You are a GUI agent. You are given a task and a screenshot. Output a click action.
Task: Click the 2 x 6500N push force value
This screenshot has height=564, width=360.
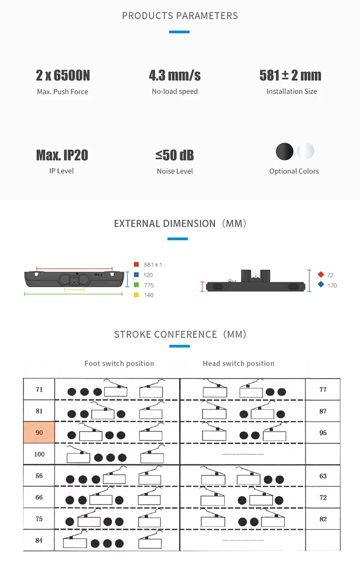63,75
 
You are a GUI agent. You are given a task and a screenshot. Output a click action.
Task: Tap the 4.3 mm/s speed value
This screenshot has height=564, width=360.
175,75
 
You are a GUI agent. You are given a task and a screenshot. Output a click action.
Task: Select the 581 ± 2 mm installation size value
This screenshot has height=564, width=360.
290,75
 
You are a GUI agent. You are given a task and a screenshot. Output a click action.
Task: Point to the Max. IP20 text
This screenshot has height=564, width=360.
62,155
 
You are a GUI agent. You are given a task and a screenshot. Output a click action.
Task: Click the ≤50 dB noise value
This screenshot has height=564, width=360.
175,155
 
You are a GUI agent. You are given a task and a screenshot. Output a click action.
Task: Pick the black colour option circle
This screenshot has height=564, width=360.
284,152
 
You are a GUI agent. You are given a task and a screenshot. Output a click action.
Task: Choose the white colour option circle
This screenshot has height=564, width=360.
305,152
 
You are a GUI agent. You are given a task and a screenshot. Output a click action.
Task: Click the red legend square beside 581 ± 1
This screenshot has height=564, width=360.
136,264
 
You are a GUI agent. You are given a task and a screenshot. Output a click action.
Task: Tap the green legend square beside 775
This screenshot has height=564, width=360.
136,285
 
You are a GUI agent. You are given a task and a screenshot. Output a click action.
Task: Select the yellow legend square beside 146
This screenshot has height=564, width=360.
136,295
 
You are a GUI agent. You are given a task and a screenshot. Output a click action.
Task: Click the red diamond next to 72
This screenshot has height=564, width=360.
321,275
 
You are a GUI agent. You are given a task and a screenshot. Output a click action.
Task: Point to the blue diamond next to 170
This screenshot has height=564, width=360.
321,285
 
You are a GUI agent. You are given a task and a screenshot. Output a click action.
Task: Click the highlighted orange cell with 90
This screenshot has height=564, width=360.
39,432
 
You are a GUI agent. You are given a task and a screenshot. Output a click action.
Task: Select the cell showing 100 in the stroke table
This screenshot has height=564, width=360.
39,454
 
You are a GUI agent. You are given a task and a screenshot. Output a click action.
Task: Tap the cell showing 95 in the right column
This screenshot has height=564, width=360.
323,432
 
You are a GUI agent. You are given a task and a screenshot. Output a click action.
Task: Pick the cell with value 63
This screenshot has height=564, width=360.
323,476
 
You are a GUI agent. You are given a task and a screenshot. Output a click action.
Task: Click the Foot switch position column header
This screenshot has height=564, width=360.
119,363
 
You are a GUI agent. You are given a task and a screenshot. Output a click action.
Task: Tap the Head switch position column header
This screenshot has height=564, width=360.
239,363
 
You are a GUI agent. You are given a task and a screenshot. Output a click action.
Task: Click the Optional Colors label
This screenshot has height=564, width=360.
294,171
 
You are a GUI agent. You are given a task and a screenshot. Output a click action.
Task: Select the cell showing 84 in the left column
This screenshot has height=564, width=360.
39,540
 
